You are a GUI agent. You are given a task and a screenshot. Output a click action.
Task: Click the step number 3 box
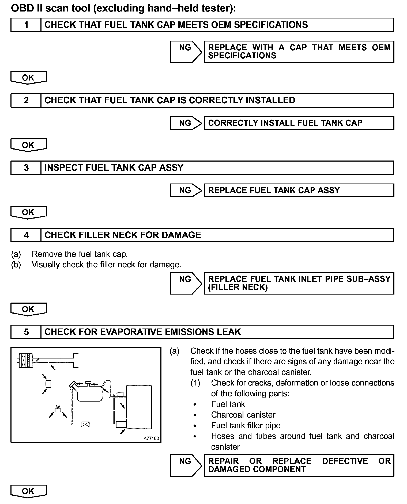(26, 168)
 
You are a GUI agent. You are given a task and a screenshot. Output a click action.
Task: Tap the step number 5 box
(26, 332)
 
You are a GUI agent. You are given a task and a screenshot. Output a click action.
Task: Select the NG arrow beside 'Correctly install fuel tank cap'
(186, 123)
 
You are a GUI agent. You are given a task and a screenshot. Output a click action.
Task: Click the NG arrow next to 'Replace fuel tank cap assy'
(186, 190)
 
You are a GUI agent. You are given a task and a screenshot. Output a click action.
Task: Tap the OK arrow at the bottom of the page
(28, 491)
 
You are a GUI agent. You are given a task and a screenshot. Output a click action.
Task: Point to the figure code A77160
(151, 438)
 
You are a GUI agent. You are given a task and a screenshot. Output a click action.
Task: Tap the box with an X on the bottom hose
(85, 424)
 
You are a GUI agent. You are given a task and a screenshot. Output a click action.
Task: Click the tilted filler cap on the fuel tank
(73, 385)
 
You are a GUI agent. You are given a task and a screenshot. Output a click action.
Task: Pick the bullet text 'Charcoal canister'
(243, 415)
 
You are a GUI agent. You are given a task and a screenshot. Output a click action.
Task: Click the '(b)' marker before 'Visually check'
(16, 265)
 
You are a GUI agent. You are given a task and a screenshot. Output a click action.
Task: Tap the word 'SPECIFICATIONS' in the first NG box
(242, 56)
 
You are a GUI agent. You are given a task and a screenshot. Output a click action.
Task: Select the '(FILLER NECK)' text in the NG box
(238, 287)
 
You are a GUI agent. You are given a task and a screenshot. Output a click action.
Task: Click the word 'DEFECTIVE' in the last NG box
(345, 461)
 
